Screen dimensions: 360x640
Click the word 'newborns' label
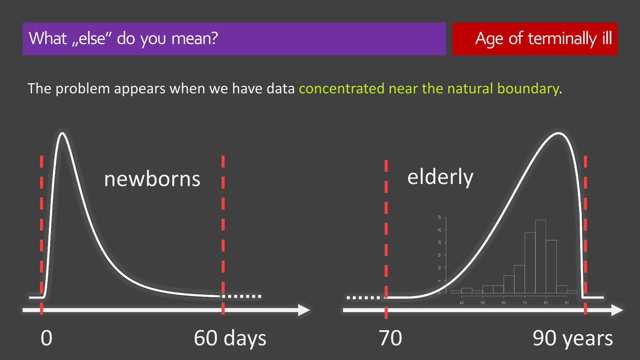152,179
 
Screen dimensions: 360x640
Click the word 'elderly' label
440,177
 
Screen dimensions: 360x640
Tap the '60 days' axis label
230,338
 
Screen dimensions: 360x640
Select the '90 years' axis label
572,338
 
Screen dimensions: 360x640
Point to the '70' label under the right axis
390,338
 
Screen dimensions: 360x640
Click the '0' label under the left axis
47,338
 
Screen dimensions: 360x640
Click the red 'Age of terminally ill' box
534,39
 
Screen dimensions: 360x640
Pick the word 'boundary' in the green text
528,89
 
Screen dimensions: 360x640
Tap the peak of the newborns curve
62,133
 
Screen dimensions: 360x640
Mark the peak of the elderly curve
558,133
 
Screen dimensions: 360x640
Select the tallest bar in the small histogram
540,256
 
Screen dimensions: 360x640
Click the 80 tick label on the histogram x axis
546,303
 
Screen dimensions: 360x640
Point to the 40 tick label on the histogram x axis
462,303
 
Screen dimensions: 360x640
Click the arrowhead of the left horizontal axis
304,310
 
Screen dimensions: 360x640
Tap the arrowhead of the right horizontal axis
617,310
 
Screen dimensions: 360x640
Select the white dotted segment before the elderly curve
363,298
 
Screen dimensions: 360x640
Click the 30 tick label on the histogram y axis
440,217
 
